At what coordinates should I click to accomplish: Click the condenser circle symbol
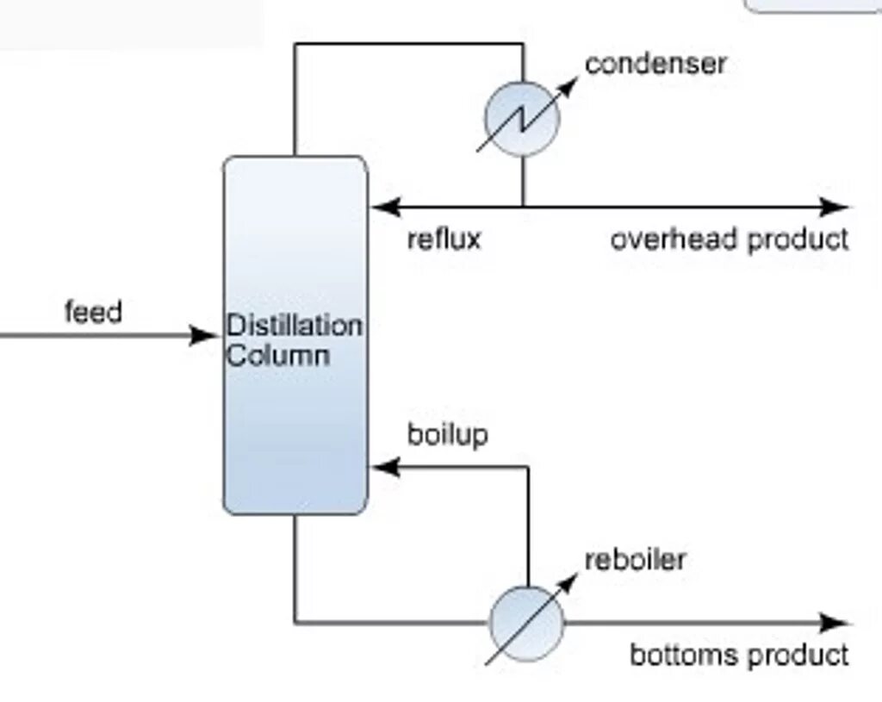click(x=522, y=119)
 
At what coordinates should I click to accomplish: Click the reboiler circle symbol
click(x=526, y=623)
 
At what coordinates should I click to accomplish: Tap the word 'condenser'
click(x=655, y=63)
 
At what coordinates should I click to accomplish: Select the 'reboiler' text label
click(x=635, y=560)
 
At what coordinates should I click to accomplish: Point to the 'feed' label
click(x=93, y=311)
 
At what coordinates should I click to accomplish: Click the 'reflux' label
click(x=444, y=239)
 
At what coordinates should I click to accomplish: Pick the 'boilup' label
click(x=447, y=434)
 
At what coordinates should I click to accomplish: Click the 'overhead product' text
click(x=730, y=239)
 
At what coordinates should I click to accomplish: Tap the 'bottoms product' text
click(x=739, y=655)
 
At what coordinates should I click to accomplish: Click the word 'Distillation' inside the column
click(x=294, y=326)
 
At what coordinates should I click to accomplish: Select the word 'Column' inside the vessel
click(x=277, y=355)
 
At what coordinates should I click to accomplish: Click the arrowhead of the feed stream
click(x=207, y=335)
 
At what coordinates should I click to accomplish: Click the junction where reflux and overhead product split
click(x=522, y=207)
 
